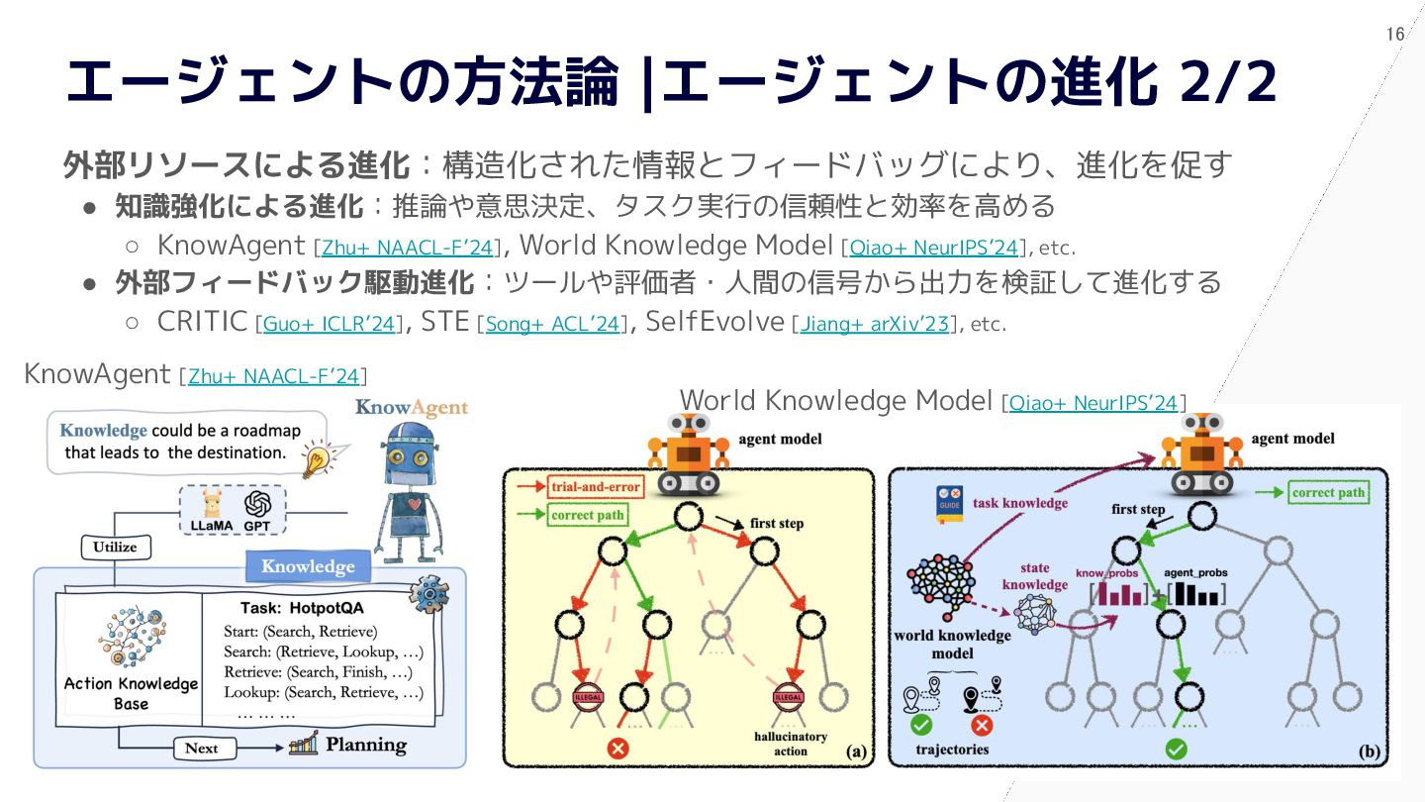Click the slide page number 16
[1395, 35]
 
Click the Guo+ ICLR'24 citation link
[329, 324]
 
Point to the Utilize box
[115, 547]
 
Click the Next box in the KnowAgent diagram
[201, 748]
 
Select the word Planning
[366, 746]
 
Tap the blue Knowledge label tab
[307, 566]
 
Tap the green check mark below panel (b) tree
[1175, 749]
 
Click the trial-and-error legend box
[594, 486]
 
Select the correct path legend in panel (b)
[1328, 492]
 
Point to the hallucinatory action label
[790, 744]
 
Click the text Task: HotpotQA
[303, 607]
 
